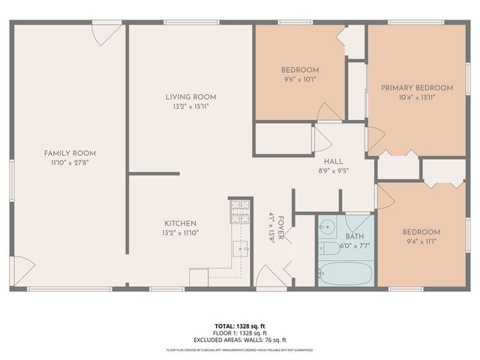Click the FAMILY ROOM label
click(70, 153)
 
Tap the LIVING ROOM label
click(191, 97)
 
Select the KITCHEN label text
click(181, 223)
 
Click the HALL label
click(333, 161)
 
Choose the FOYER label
click(281, 225)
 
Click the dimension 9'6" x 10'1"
click(300, 79)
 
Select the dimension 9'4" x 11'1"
click(421, 241)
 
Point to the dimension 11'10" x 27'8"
click(70, 162)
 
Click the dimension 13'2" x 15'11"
click(191, 106)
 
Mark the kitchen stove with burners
click(239, 211)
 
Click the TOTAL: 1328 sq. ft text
click(239, 326)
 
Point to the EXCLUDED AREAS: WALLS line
click(239, 339)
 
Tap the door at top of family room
click(106, 33)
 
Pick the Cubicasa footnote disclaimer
click(239, 350)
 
